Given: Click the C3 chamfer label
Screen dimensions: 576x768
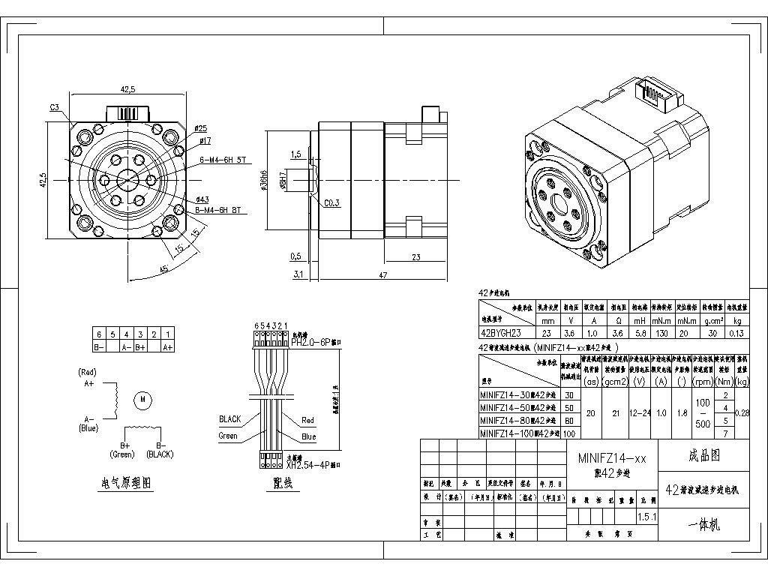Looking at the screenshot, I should coord(55,108).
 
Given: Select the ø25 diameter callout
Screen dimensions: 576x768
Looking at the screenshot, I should coord(201,129).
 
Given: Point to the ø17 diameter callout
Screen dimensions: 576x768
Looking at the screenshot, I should coord(205,140).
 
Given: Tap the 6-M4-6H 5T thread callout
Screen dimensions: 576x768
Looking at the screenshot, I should coord(223,160).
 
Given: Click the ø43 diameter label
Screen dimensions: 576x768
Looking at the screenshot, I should coord(202,199).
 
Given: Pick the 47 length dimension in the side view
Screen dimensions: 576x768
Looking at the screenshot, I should coord(383,275).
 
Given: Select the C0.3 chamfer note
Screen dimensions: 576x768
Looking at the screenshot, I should coord(331,203).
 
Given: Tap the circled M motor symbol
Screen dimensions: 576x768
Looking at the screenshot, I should coord(142,400).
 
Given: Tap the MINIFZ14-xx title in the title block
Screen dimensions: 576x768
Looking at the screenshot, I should coord(611,457).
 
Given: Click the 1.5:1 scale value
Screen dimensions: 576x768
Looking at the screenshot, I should coord(646,517).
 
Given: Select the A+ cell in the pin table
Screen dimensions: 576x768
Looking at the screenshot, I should coord(168,347).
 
